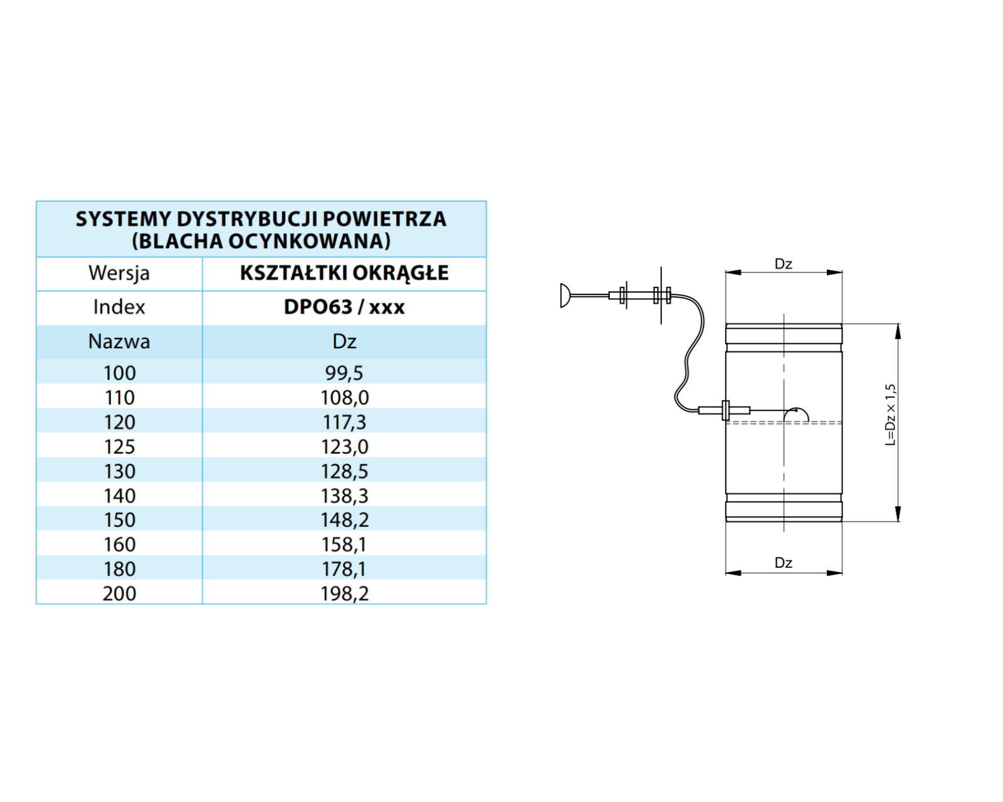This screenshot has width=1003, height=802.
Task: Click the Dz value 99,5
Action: coord(344,373)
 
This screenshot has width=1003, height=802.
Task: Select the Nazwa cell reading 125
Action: coord(119,447)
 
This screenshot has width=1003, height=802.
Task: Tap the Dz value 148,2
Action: coord(344,519)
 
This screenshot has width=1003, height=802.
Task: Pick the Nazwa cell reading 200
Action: coord(119,593)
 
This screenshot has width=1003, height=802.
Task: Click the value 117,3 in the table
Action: coord(344,422)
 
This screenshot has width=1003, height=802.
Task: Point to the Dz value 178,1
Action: coord(344,569)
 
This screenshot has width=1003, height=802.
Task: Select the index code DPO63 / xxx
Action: coord(344,306)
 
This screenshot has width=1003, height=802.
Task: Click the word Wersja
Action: coord(119,273)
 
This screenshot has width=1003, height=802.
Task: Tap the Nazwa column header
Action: coord(119,341)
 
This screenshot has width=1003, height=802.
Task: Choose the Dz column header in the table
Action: coord(344,341)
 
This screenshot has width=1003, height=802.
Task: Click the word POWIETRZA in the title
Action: coord(384,219)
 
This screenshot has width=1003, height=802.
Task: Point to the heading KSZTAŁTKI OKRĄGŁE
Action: coord(344,273)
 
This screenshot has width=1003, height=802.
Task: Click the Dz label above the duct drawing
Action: coord(784,264)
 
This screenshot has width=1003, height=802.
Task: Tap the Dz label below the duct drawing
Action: coord(784,563)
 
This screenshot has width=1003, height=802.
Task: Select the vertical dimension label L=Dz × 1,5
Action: coord(890,415)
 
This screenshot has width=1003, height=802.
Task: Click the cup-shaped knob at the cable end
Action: coord(565,296)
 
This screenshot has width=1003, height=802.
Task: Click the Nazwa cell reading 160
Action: coord(119,544)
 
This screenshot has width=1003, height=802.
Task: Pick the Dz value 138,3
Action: coord(344,496)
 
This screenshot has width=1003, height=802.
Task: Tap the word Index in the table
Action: coord(119,306)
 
